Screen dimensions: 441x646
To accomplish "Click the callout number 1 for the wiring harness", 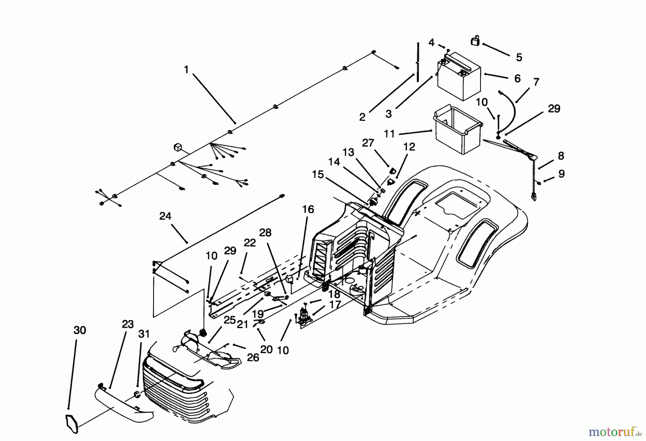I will [186, 69].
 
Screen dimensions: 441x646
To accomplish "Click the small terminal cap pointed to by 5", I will [476, 41].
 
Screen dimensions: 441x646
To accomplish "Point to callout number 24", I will [165, 216].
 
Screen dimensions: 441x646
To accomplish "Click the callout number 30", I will [80, 330].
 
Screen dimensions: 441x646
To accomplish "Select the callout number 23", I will [127, 324].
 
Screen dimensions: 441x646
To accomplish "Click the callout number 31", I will [144, 334].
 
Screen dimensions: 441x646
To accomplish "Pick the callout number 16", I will [308, 209].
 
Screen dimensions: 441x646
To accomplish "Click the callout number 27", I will [368, 143].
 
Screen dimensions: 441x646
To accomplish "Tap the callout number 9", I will [561, 174].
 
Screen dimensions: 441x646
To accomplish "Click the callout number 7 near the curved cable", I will [536, 82].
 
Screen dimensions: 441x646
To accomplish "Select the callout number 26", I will [253, 357].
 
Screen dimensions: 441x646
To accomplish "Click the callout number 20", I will [266, 349].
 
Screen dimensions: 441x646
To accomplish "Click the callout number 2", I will [362, 117].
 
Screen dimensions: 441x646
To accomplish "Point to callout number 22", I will [250, 243].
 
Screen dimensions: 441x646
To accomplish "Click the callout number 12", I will [409, 147].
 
